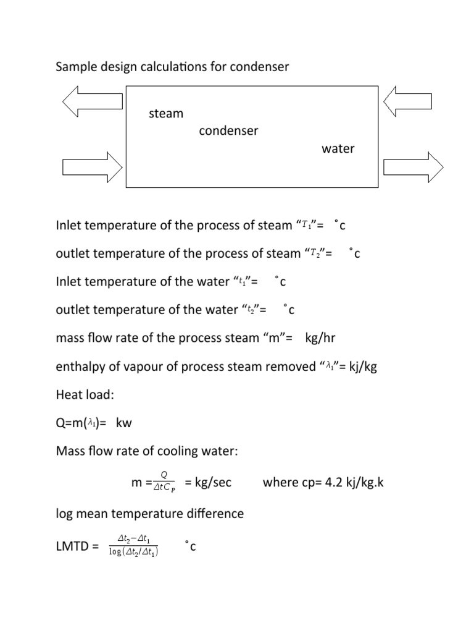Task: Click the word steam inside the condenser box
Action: coord(166,114)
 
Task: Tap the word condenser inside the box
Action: coord(228,131)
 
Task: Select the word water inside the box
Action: coord(338,149)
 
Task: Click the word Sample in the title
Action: coord(75,66)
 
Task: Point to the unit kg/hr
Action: coord(320,338)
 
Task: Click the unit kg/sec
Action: coord(213,482)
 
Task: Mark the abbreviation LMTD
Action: coord(73,546)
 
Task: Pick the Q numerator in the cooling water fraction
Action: coord(164,474)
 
